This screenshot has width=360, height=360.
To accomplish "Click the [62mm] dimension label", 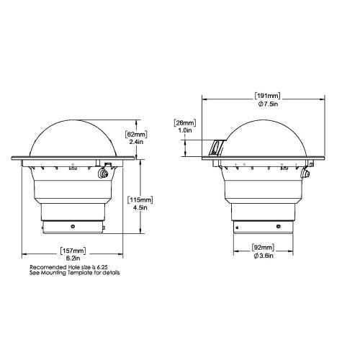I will (x=136, y=134).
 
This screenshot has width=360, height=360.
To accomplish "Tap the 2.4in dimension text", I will (x=136, y=143).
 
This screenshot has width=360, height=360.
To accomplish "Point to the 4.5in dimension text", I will (x=138, y=207).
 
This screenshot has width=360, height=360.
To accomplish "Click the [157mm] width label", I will (x=73, y=251).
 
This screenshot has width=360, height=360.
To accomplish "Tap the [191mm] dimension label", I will (x=268, y=95).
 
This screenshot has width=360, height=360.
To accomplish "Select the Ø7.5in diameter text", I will (x=268, y=104).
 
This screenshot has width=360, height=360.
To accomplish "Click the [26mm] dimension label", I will (x=185, y=123).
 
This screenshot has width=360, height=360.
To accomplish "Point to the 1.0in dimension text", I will (x=185, y=132).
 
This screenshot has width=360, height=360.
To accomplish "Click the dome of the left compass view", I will (x=73, y=137).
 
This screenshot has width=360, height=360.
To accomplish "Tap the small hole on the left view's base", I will (x=73, y=225).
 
